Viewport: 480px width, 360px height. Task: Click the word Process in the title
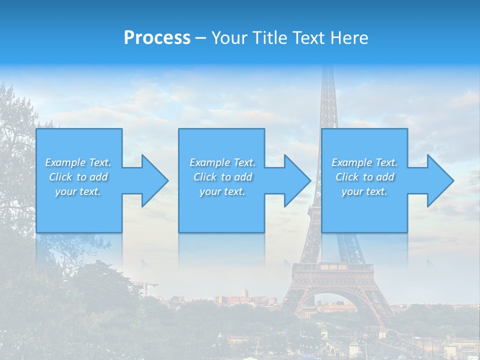pyautogui.click(x=157, y=37)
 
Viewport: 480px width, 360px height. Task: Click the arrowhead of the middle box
pyautogui.click(x=297, y=180)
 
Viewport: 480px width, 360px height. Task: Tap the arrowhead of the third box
pyautogui.click(x=440, y=180)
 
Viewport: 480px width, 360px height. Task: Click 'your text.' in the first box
pyautogui.click(x=78, y=191)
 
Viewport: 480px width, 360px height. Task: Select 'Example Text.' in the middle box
pyautogui.click(x=222, y=162)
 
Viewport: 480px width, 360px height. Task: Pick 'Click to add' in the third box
pyautogui.click(x=365, y=177)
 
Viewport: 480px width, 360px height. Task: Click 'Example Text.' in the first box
pyautogui.click(x=78, y=162)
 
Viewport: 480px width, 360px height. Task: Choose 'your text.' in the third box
pyautogui.click(x=364, y=191)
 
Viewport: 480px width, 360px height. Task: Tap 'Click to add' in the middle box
pyautogui.click(x=222, y=177)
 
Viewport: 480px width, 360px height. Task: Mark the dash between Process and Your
pyautogui.click(x=201, y=38)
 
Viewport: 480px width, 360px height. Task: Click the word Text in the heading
pyautogui.click(x=308, y=37)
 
